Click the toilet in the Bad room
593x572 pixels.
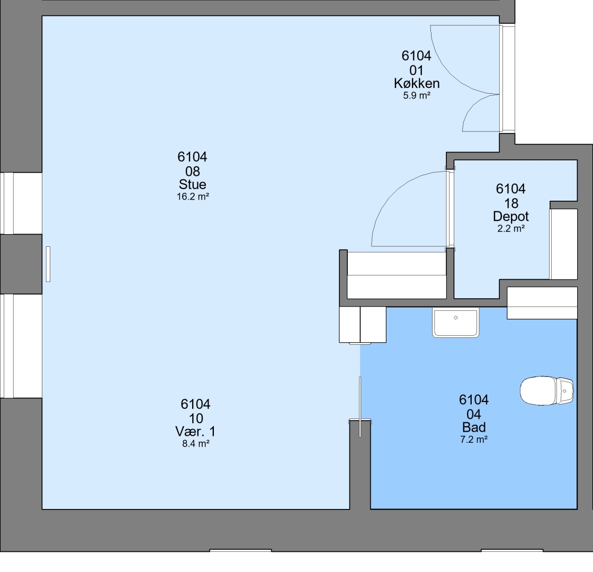[547, 390]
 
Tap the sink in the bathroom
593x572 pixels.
[456, 323]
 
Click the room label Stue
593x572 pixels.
[193, 184]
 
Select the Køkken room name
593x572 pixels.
[417, 83]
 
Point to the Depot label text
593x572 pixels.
[511, 217]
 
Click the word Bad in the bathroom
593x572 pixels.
[474, 427]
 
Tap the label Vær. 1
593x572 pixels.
[195, 431]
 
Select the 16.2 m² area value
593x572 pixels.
[193, 196]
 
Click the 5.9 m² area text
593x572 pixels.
[417, 95]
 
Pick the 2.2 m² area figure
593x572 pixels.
[511, 228]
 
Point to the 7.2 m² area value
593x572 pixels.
[474, 440]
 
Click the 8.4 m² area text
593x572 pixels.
[196, 444]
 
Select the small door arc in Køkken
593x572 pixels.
[473, 105]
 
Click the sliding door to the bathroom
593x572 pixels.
[360, 407]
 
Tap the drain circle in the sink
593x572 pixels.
[456, 318]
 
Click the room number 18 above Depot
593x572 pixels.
[511, 203]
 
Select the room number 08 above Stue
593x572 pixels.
[193, 172]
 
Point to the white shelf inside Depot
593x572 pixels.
[563, 244]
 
